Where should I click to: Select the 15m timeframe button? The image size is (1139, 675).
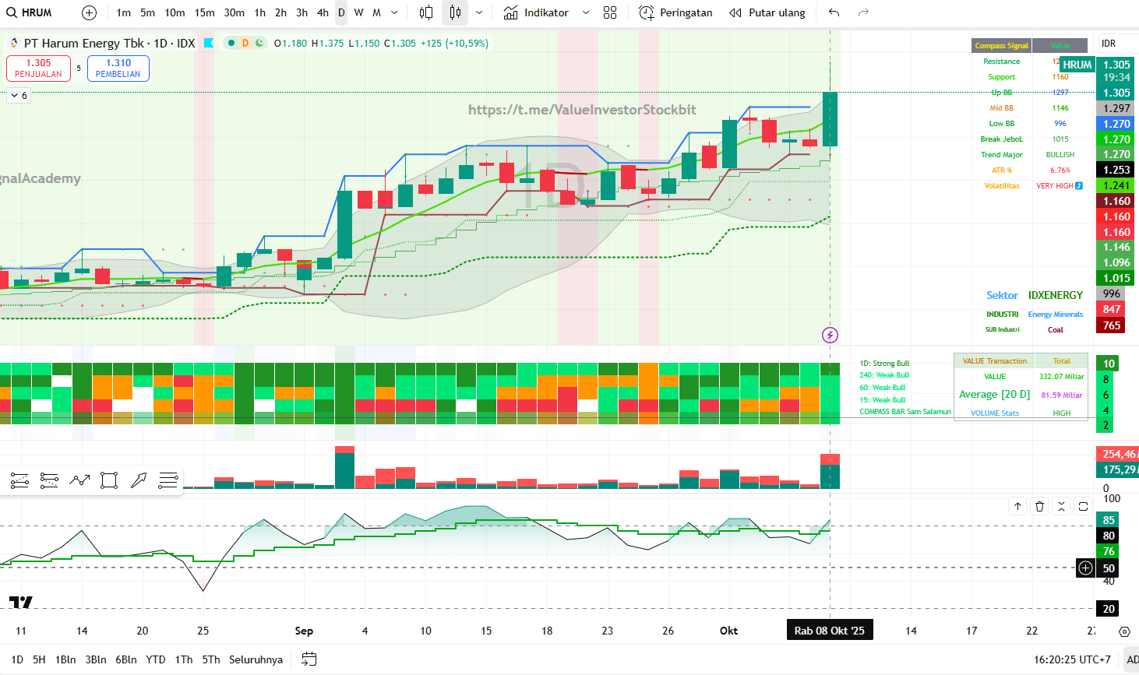pos(204,12)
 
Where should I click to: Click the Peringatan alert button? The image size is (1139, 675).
pos(675,12)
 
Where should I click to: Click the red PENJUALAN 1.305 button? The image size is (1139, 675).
pos(38,69)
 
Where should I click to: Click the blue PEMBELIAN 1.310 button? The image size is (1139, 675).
pos(118,69)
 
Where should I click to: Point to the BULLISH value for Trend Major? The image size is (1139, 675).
pos(1060,155)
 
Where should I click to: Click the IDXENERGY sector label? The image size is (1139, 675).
pos(1056,295)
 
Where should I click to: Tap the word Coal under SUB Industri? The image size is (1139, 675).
pos(1056,330)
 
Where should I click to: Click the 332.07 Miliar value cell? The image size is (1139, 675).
pos(1061,377)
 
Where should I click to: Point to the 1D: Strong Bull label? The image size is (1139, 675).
pos(884,364)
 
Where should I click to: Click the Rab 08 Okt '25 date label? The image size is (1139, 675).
pos(829,631)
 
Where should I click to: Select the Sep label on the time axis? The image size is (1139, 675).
pos(304,631)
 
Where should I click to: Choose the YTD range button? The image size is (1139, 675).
pos(156,659)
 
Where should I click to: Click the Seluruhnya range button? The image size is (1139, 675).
pos(256,659)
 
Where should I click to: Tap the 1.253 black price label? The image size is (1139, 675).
pos(1116,170)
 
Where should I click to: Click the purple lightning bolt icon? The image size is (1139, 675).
pos(830,336)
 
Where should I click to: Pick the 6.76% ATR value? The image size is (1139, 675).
pos(1060,171)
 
